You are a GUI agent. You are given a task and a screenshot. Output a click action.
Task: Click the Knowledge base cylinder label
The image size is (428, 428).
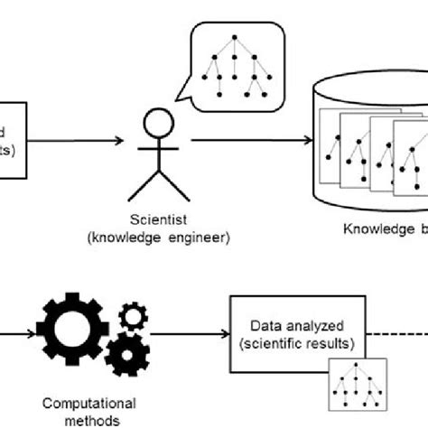(385, 228)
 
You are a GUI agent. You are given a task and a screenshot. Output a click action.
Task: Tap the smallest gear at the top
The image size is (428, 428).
(133, 316)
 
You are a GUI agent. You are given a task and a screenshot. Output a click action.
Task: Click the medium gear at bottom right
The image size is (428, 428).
(126, 354)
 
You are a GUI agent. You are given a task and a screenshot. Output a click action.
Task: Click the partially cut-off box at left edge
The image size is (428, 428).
(14, 140)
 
